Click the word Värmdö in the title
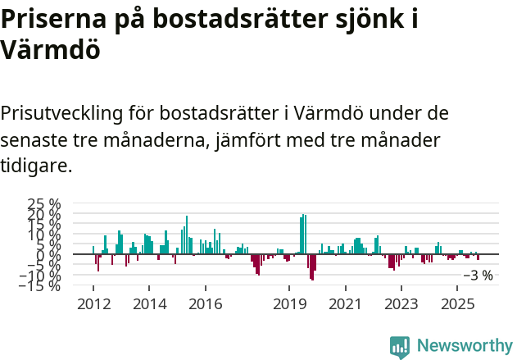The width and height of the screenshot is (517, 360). pos(51,50)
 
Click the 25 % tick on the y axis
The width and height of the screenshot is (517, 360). pos(44,204)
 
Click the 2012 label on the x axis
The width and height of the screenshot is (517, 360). pos(93,304)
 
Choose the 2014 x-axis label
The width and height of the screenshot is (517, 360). pos(149,304)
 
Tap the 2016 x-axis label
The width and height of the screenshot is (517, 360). pos(205,304)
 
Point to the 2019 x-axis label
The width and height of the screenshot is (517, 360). pos(289,304)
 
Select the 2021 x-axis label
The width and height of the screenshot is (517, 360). pos(345,304)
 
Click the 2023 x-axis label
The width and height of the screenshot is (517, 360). pos(401,304)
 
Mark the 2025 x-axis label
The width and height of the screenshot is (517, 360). pos(457,304)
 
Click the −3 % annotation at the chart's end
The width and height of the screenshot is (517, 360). pos(478,276)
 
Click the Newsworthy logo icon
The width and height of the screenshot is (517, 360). pos(400,346)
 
